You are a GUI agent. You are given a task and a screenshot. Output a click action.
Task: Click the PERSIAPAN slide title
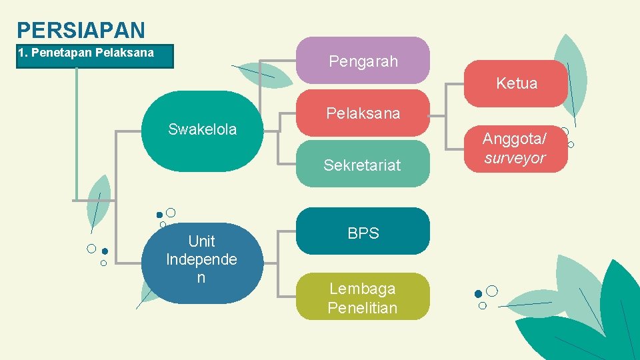point(81,30)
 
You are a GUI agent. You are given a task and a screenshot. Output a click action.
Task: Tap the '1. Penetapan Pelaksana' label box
point(95,56)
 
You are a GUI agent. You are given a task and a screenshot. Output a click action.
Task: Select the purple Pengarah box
point(363,61)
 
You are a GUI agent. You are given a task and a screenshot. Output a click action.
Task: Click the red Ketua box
point(516,83)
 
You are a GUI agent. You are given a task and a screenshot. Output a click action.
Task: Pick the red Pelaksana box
point(363,113)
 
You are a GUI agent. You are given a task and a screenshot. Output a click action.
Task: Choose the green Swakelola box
point(202,130)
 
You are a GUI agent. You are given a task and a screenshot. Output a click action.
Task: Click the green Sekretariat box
point(363,164)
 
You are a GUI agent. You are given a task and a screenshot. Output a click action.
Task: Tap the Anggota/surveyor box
point(515,149)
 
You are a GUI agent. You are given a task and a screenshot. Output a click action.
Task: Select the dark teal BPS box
point(363,232)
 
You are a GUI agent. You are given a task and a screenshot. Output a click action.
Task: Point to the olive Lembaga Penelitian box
point(363,297)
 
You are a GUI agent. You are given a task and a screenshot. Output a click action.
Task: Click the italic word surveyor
point(515,158)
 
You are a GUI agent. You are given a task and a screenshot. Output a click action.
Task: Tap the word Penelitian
point(363,308)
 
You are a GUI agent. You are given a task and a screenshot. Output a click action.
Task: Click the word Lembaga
point(363,289)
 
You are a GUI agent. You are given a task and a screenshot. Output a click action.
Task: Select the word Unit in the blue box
point(202,241)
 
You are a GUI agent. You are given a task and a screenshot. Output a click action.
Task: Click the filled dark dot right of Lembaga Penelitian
point(478,294)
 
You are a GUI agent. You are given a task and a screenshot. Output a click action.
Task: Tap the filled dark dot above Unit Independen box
point(159,215)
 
